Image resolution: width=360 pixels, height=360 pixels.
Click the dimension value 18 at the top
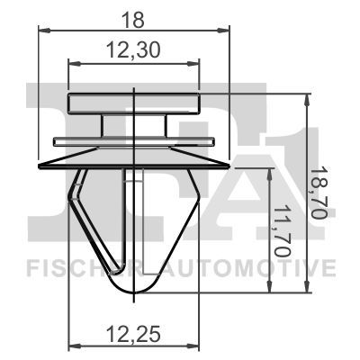[x=134, y=15]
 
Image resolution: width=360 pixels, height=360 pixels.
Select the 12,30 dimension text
[x=134, y=53]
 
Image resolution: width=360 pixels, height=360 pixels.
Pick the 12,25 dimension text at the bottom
[x=134, y=336]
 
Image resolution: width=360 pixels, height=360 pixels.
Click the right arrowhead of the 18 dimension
[x=224, y=30]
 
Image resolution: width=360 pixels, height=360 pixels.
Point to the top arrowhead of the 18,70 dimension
[x=309, y=98]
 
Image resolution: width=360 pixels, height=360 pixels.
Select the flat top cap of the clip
[x=135, y=103]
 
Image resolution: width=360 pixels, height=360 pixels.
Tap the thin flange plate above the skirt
[x=135, y=141]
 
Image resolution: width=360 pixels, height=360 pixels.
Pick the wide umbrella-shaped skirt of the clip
[x=135, y=158]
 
